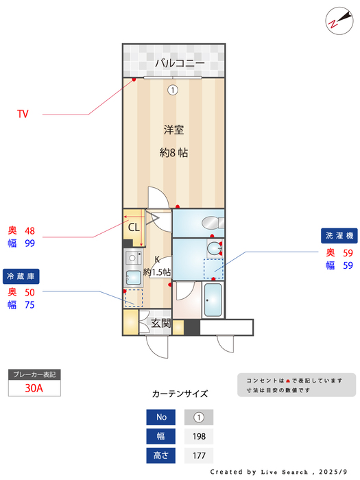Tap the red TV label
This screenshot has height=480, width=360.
pos(23,115)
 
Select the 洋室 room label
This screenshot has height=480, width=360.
pos(173,130)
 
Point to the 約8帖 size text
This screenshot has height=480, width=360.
pos(173,153)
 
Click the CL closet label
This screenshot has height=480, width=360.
pos(133,227)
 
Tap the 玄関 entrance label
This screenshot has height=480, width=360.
pos(161,323)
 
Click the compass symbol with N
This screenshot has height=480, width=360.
pos(335,20)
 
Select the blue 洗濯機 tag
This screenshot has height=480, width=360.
pos(339,236)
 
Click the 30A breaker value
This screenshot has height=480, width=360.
pos(34,387)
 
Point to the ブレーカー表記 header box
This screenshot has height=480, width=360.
pos(34,374)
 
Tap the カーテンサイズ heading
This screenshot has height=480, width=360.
pos(180,394)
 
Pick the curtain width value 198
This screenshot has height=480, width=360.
pos(199,435)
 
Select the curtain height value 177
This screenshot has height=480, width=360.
pos(199,455)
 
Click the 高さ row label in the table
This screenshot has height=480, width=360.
pos(161,455)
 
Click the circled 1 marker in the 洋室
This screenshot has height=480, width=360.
pos(173,89)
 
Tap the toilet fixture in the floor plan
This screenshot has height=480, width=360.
pos(212,222)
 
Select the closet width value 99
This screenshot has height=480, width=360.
pos(29,243)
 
